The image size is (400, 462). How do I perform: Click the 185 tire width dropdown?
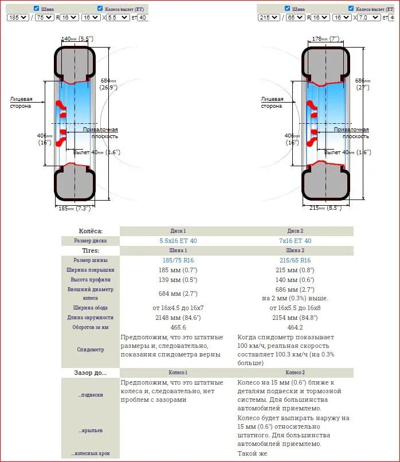click(x=18, y=18)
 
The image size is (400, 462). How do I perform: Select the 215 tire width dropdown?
click(x=269, y=18)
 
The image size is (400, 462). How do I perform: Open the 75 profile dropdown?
click(x=44, y=18)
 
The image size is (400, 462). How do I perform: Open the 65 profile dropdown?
click(x=295, y=18)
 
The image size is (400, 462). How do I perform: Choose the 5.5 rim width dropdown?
click(x=119, y=18)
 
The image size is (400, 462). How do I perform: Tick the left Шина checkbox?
click(x=37, y=9)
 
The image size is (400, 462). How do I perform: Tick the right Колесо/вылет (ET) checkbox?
click(x=351, y=9)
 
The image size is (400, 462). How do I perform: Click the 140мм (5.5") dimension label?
click(x=77, y=38)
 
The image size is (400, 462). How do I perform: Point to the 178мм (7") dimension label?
click(x=326, y=38)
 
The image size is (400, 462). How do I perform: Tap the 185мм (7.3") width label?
click(x=75, y=209)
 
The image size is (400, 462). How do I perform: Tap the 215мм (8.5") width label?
click(x=325, y=208)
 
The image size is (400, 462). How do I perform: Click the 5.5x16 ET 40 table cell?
click(x=178, y=241)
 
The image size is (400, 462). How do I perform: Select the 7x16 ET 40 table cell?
click(x=295, y=241)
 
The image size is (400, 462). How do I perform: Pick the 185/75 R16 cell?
click(x=178, y=260)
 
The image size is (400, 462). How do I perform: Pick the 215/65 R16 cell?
click(x=295, y=260)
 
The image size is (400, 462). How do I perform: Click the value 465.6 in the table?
click(x=178, y=327)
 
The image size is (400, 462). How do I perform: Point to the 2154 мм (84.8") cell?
click(x=295, y=318)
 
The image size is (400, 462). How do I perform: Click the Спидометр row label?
click(x=91, y=349)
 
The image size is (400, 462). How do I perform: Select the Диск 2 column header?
click(x=295, y=231)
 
